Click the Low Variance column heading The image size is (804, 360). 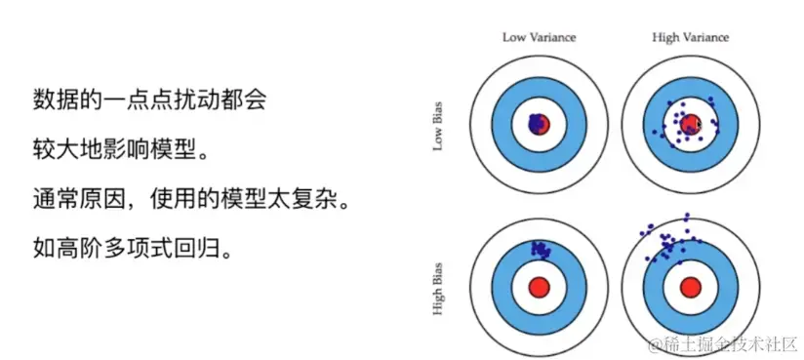tap(539, 37)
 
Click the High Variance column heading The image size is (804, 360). tap(690, 37)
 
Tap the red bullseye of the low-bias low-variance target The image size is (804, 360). tap(541, 124)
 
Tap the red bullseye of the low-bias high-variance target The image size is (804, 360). tap(691, 124)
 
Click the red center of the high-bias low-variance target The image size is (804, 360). tap(540, 287)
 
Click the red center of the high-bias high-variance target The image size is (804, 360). tap(691, 287)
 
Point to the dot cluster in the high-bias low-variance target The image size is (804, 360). tap(539, 250)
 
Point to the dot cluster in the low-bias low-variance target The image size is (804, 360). tap(535, 123)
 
